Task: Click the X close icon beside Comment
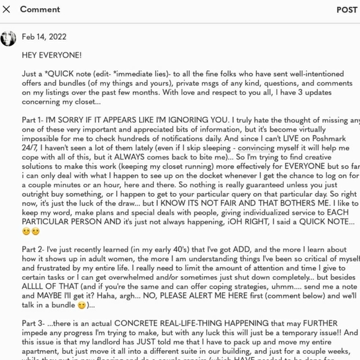click(7, 9)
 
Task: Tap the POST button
click(346, 9)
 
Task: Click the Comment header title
click(40, 9)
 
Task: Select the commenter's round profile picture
click(8, 38)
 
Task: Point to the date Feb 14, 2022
click(44, 37)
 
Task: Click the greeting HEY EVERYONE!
click(52, 55)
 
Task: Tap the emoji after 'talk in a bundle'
click(81, 305)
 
